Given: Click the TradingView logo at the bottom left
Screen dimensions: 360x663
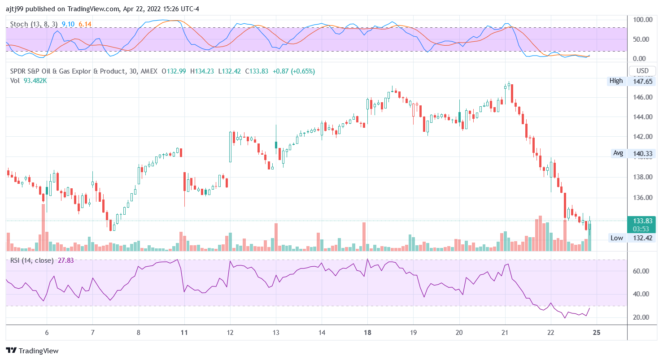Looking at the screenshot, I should (32, 351).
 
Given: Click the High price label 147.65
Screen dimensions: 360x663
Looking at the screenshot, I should (642, 81).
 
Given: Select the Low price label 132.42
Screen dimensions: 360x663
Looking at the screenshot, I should (642, 238).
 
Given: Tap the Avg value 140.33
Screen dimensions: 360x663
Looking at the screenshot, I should (642, 153).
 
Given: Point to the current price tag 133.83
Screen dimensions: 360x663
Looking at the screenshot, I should (642, 221).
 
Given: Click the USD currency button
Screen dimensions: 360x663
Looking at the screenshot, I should (642, 71).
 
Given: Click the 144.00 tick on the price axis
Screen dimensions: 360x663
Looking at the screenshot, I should (642, 117).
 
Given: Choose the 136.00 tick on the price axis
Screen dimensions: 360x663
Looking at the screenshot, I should (642, 198).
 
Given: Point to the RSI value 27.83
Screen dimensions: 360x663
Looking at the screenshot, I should (66, 260).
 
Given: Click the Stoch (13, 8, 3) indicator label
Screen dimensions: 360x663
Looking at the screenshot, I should (34, 24).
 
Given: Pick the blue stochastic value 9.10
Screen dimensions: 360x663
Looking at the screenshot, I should (68, 24).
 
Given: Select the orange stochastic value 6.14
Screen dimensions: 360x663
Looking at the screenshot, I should (85, 24).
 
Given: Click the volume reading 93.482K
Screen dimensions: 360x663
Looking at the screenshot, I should (35, 81).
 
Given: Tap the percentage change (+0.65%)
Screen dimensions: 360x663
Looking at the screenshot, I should (303, 71).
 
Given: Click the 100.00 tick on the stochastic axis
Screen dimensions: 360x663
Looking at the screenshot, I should (642, 20).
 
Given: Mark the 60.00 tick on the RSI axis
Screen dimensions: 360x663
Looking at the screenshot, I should (642, 271).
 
